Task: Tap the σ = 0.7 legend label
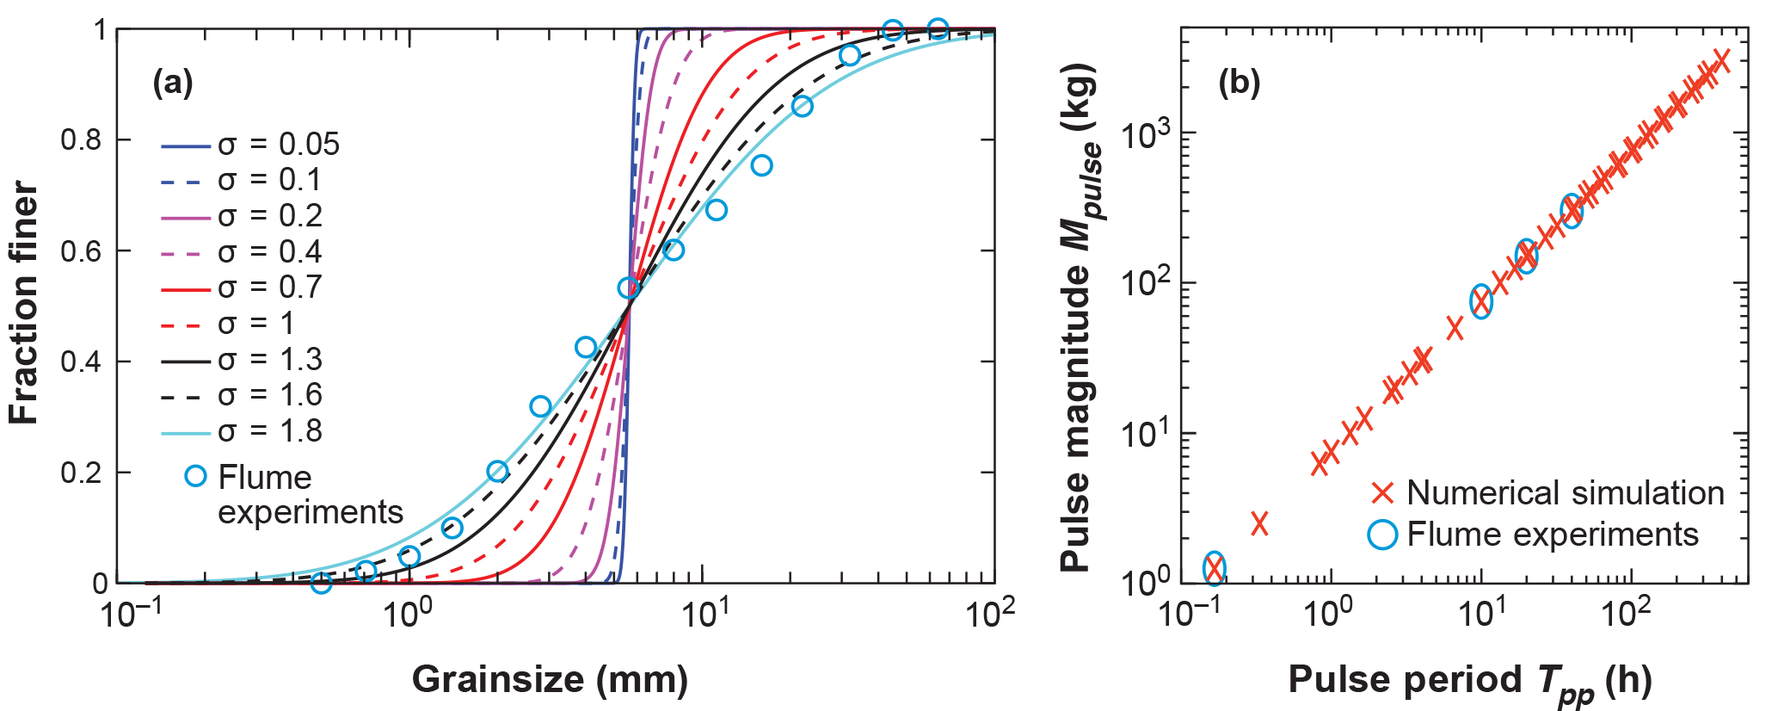click(x=269, y=287)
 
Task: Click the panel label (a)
click(x=173, y=83)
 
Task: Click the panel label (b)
click(x=1240, y=83)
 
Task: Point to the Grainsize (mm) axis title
click(x=550, y=679)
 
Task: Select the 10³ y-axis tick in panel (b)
click(x=1145, y=135)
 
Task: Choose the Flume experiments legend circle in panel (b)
click(x=1382, y=535)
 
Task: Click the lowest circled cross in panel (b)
click(x=1214, y=567)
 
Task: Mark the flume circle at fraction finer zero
click(x=321, y=583)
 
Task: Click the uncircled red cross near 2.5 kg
click(x=1259, y=522)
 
